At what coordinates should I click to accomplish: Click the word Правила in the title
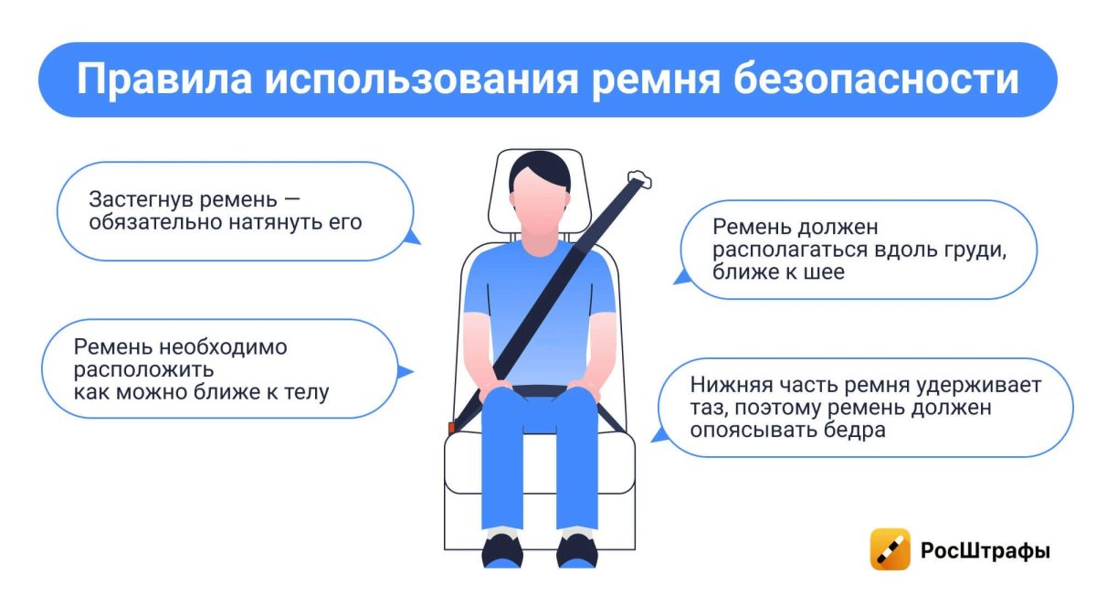(x=164, y=80)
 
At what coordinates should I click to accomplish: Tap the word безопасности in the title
(x=876, y=79)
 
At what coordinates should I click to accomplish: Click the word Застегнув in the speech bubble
(x=141, y=201)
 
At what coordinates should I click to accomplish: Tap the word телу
(x=306, y=392)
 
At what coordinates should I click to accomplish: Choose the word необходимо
(x=223, y=347)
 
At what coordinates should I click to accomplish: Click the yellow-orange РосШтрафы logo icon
(x=890, y=549)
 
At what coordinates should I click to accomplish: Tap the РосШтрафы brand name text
(x=985, y=551)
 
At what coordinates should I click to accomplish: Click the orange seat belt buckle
(x=451, y=428)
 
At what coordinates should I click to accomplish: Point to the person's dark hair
(x=540, y=169)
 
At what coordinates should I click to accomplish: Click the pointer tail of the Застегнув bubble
(x=413, y=238)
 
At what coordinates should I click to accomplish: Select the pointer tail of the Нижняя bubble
(x=659, y=435)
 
